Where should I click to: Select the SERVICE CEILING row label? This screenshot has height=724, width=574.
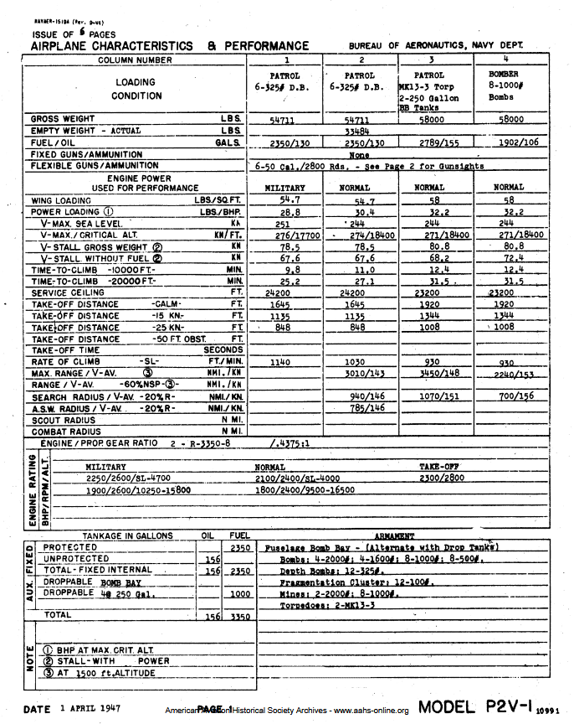point(66,293)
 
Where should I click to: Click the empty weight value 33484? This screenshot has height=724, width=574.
point(357,132)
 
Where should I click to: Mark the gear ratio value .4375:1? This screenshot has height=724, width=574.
point(290,442)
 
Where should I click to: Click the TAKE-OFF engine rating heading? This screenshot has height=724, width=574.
point(438,467)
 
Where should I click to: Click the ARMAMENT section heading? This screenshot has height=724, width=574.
point(395,535)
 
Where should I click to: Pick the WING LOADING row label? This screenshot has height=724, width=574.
point(61,201)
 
